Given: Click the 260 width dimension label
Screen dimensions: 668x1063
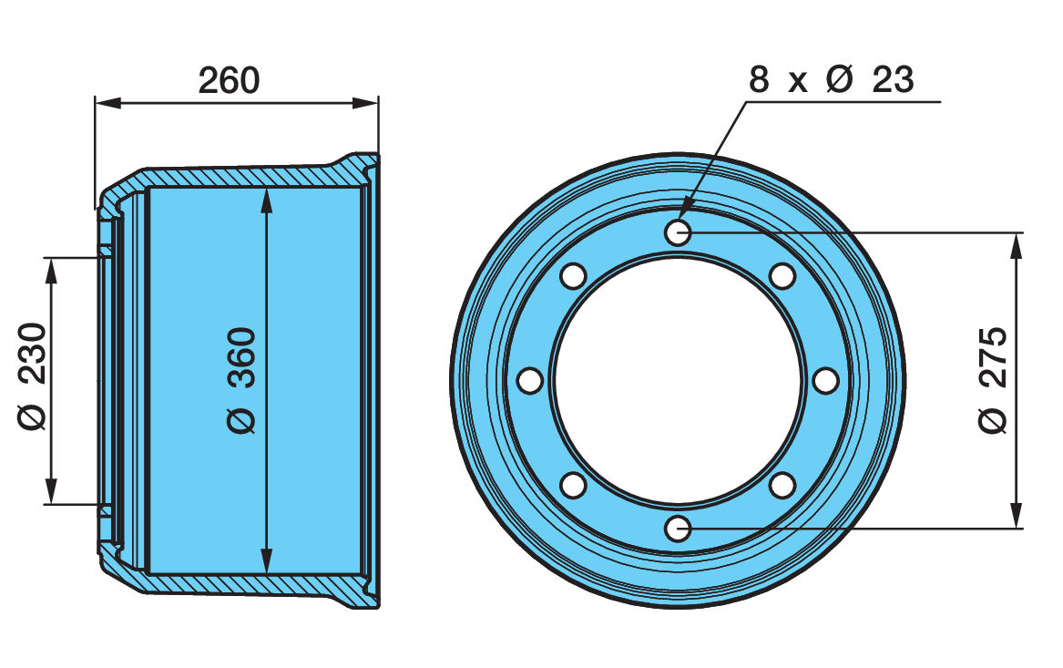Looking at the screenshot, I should (x=230, y=80).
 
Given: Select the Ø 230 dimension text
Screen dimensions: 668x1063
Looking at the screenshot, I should (x=31, y=375).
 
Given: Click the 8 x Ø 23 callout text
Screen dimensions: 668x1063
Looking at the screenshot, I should (x=831, y=80).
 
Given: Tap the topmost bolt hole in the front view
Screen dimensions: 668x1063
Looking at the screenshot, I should (x=678, y=233).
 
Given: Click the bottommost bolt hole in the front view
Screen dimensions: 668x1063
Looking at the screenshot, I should (x=678, y=528).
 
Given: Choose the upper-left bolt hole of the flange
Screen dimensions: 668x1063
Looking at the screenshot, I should (x=573, y=275).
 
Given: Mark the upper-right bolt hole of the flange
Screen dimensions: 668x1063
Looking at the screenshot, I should (x=782, y=275).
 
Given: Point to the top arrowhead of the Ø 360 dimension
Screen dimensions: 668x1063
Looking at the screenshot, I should (x=265, y=197).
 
